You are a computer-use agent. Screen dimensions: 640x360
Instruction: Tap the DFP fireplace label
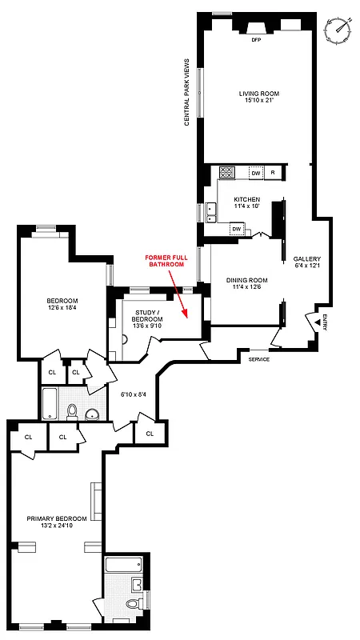[x=257, y=39]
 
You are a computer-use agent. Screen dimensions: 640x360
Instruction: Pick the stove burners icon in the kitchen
[x=226, y=171]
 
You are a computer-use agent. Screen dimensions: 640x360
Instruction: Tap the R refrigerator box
[x=273, y=172]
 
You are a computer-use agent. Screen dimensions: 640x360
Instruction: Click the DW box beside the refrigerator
[x=255, y=172]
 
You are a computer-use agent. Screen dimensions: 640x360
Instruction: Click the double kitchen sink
[x=211, y=212]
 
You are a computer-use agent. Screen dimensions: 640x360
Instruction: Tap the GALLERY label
[x=306, y=258]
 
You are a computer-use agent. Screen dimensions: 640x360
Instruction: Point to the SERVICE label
[x=258, y=358]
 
